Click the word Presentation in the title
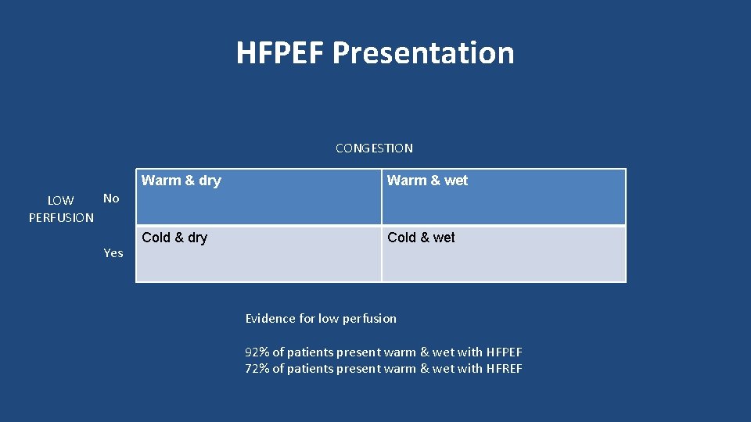pos(423,53)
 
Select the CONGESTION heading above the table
pos(374,148)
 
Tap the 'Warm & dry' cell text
pos(181,181)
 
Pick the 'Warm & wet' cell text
pos(427,181)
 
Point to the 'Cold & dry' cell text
pos(174,238)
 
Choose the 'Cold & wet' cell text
pos(421,238)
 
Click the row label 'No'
pos(111,198)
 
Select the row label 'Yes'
pos(113,253)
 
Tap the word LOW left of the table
pos(61,201)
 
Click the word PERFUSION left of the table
pos(61,218)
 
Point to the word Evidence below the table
pos(270,319)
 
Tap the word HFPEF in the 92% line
pos(504,352)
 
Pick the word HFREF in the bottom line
pos(504,369)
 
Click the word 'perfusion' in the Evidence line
pos(368,319)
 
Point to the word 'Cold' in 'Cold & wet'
pos(401,238)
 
